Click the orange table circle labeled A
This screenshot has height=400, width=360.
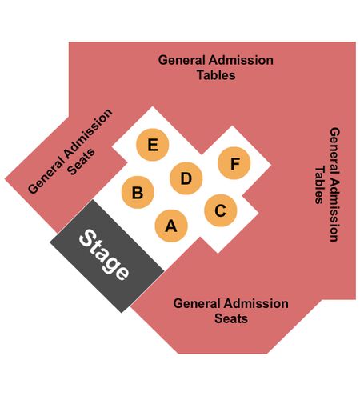[x=171, y=226]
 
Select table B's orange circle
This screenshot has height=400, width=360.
[x=138, y=192]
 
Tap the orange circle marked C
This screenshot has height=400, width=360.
[x=221, y=210]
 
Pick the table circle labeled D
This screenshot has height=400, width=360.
[x=186, y=178]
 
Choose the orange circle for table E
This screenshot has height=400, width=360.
[x=153, y=145]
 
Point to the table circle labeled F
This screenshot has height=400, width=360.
[x=234, y=163]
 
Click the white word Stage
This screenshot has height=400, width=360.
[x=104, y=254]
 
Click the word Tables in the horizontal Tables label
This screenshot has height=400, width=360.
[x=216, y=75]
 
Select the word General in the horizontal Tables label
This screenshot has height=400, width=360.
[x=182, y=60]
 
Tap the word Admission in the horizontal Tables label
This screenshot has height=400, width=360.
[x=241, y=60]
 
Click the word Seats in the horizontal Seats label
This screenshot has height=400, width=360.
[x=231, y=318]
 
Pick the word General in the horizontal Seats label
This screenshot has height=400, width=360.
[x=197, y=304]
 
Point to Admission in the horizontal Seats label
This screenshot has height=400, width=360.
[x=256, y=304]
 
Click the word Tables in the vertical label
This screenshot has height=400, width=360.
[x=319, y=185]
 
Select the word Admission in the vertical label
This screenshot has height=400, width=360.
[x=334, y=210]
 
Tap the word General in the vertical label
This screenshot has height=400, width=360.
[x=334, y=150]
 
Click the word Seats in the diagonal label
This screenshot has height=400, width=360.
[x=81, y=162]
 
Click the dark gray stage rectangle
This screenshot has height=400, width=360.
[x=107, y=256]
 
